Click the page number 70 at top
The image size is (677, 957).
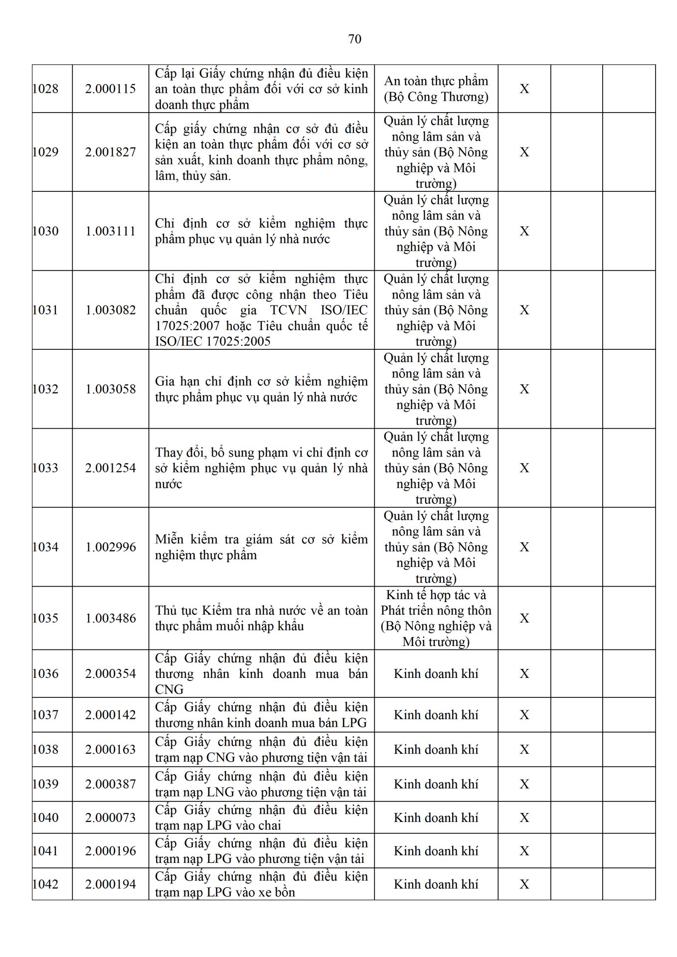[354, 39]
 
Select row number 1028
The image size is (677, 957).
[45, 89]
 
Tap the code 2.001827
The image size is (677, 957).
[110, 152]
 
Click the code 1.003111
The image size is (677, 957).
[110, 231]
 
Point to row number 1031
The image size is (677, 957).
[45, 310]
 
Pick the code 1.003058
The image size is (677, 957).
[110, 389]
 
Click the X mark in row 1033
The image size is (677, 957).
[524, 468]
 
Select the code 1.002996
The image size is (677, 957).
[110, 547]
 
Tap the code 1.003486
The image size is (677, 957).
[110, 619]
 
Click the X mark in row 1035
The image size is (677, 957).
[524, 619]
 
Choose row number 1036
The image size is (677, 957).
[45, 674]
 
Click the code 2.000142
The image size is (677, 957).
[110, 715]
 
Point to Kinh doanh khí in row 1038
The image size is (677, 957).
[436, 750]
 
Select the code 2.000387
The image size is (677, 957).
[110, 785]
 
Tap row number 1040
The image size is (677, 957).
[45, 818]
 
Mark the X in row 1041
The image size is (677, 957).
[524, 851]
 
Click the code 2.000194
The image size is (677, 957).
[110, 885]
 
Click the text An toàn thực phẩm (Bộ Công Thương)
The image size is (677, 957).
[436, 89]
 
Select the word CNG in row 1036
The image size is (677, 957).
[169, 690]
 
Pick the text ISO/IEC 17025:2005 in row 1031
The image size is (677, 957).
[213, 341]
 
